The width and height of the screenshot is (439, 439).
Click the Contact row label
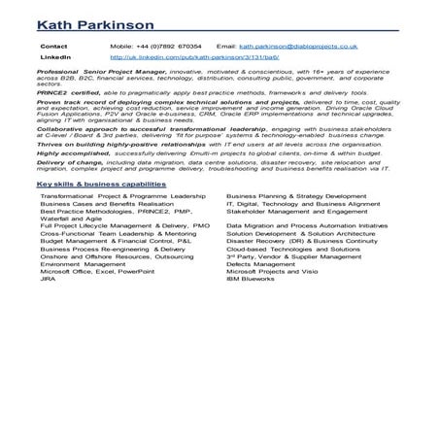click(x=55, y=46)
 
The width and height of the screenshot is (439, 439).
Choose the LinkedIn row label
click(x=56, y=57)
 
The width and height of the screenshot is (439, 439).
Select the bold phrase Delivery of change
click(x=71, y=161)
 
